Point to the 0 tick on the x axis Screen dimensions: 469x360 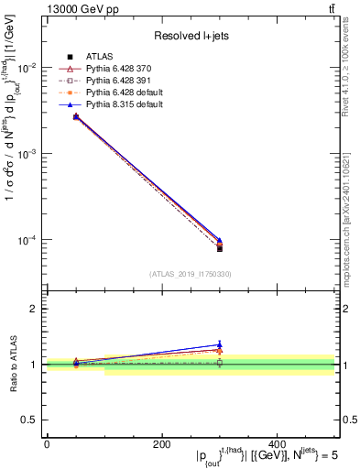click(47, 443)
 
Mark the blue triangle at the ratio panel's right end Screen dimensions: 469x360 click(220, 344)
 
